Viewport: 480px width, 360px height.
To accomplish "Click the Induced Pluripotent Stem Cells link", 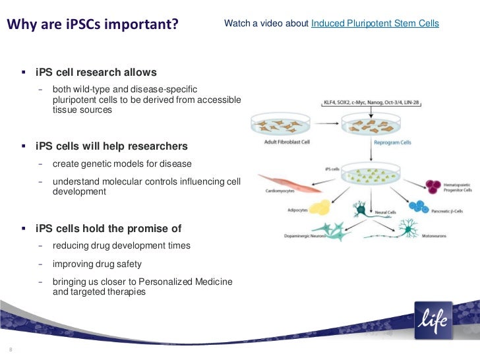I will tap(375, 24).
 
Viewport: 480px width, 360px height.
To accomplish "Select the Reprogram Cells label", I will tap(357, 142).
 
